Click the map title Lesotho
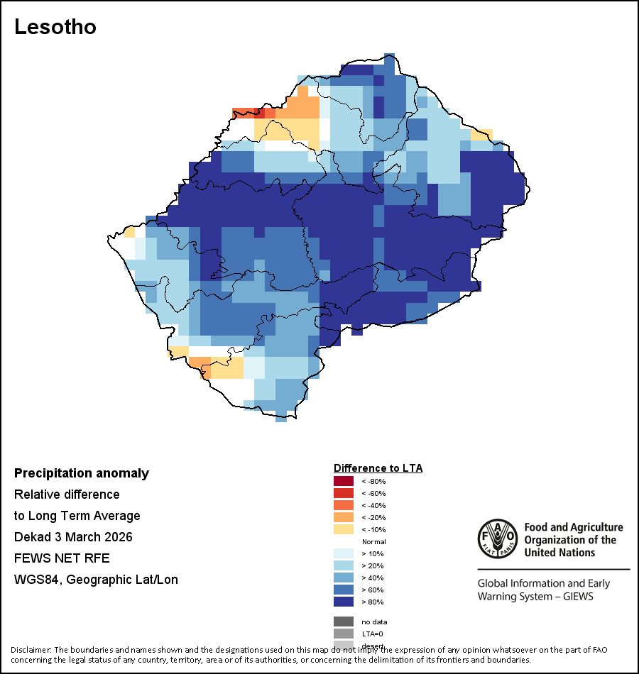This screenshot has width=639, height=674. (55, 27)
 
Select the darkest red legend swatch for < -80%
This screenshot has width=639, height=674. (343, 481)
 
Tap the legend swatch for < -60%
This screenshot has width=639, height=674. (343, 493)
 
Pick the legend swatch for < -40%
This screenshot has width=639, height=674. (343, 505)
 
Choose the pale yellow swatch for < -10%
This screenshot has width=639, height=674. (343, 529)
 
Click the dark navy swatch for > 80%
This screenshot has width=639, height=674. (343, 602)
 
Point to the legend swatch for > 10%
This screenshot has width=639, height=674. (343, 553)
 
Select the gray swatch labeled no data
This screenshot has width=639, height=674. (343, 621)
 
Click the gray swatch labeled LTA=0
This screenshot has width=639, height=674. (343, 634)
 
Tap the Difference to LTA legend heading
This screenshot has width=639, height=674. (378, 468)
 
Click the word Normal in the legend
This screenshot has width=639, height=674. (373, 541)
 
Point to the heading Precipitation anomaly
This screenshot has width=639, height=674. (82, 473)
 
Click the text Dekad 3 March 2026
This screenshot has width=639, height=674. (73, 536)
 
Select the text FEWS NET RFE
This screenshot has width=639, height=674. (62, 558)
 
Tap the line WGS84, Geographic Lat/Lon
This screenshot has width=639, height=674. (96, 580)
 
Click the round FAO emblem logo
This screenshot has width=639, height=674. (496, 540)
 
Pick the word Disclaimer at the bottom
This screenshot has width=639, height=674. (31, 650)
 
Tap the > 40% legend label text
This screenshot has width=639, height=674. (373, 578)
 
